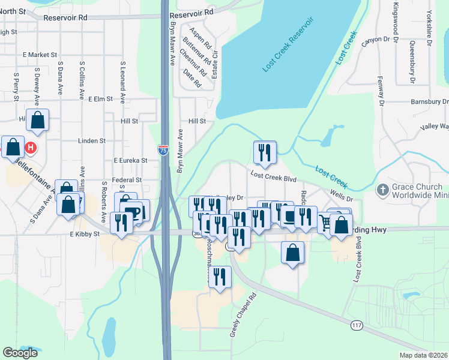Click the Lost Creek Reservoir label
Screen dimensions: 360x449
coord(288,46)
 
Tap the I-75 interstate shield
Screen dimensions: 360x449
coord(163,150)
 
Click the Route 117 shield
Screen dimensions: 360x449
coord(357,325)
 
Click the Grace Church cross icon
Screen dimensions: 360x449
coord(382,190)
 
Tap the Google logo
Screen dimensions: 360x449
coord(20,353)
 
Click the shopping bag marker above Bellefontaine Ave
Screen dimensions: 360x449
coord(37,120)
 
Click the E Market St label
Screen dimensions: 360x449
coord(40,55)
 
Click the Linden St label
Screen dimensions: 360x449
coord(92,141)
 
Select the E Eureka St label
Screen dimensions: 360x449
coord(130,161)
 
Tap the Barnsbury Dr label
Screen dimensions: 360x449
coord(429,102)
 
